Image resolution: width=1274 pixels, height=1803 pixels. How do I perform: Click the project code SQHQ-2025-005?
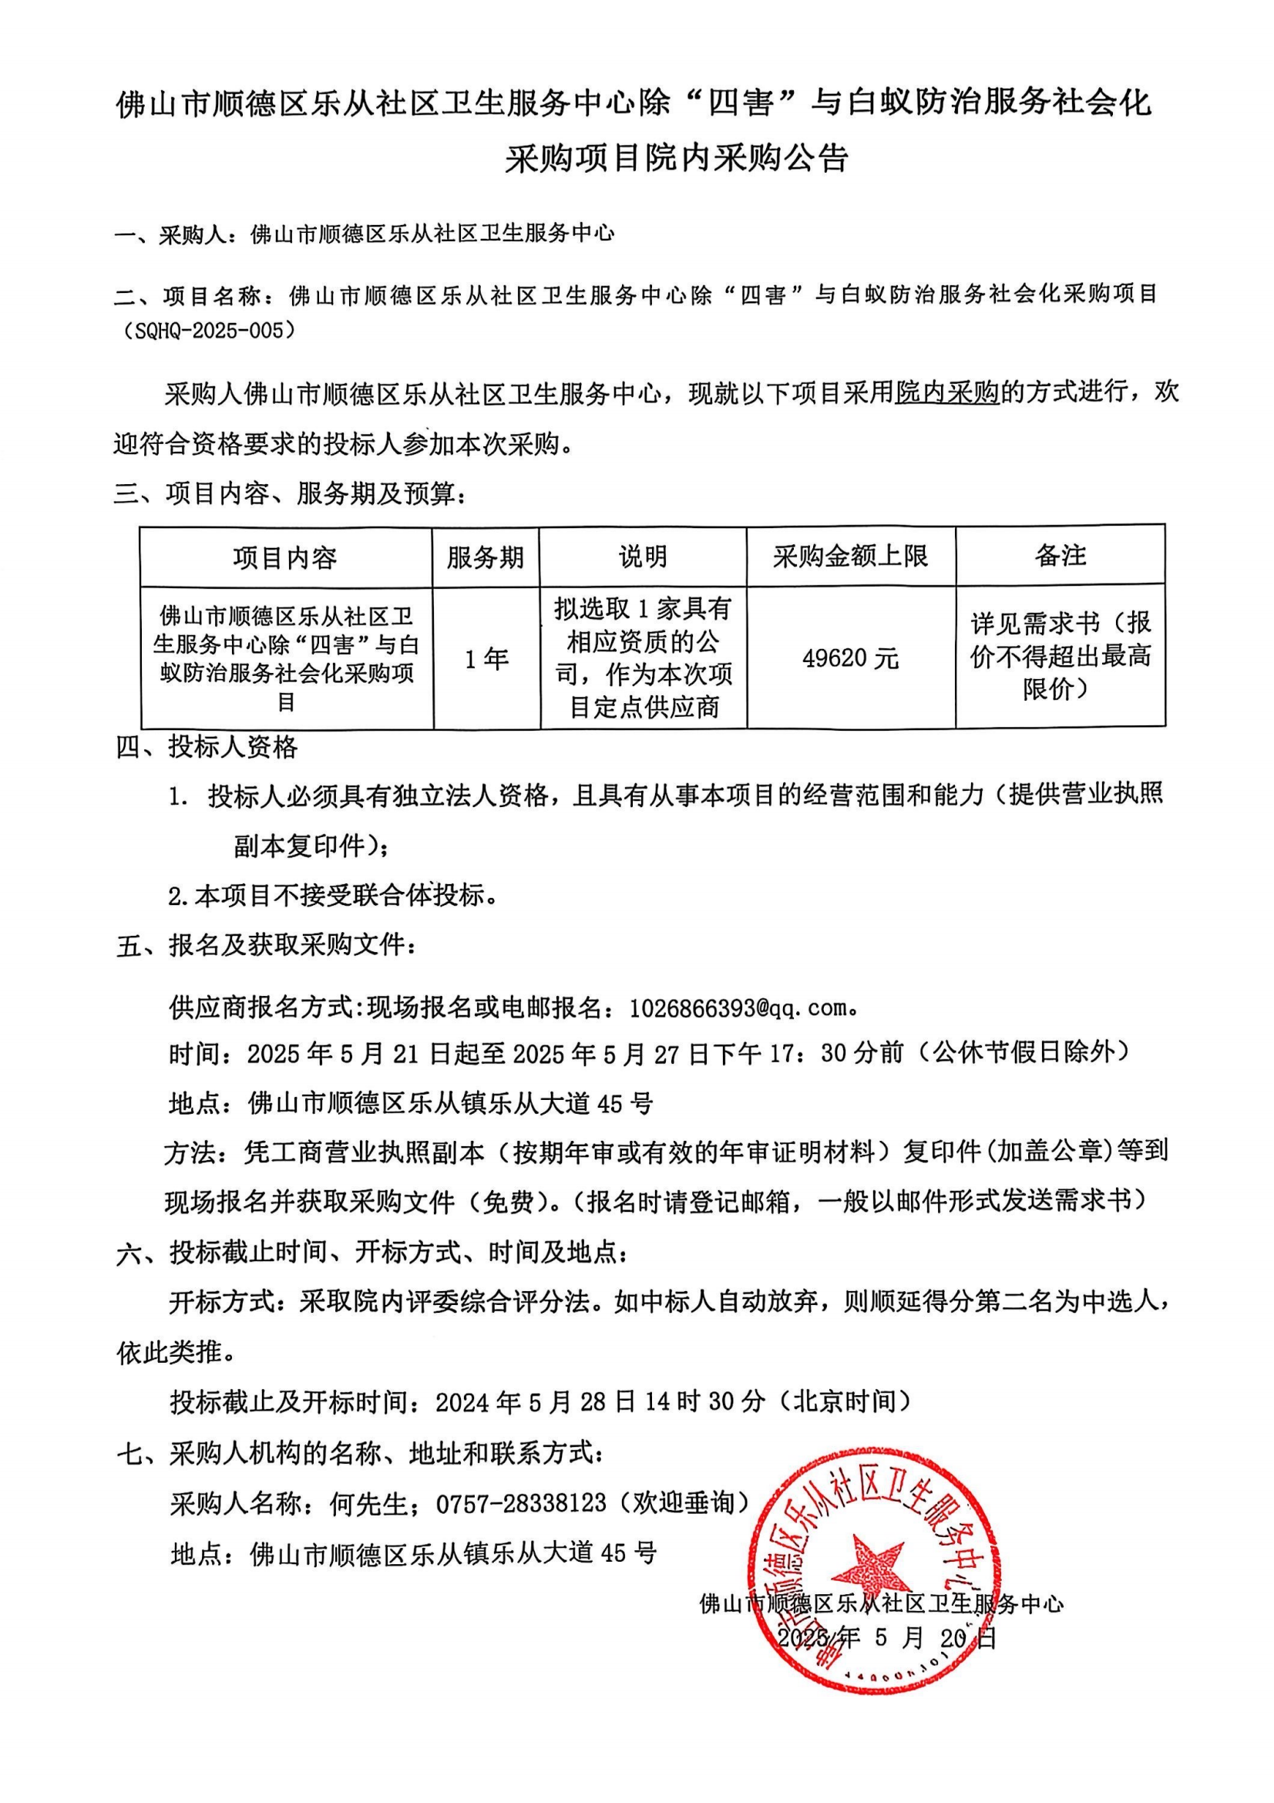point(208,331)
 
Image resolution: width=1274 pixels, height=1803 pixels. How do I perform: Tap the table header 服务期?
point(485,557)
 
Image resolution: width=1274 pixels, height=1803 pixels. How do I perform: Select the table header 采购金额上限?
point(850,556)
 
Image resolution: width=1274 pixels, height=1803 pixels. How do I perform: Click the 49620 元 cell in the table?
point(850,658)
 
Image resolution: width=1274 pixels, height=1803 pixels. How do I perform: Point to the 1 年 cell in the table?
point(486,658)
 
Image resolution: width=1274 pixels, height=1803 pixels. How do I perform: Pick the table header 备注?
point(1060,555)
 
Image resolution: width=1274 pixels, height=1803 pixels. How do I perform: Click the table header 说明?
point(643,556)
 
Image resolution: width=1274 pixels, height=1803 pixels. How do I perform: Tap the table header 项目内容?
point(285,557)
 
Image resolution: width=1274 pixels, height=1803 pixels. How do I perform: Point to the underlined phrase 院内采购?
point(947,391)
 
